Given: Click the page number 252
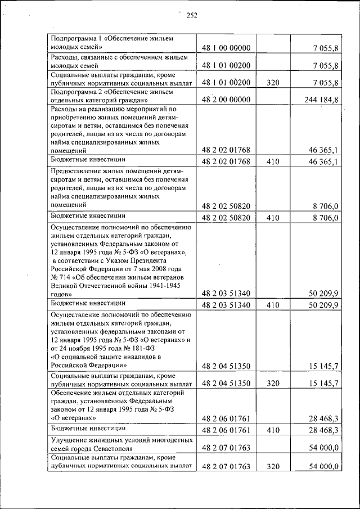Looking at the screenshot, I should tap(192, 15).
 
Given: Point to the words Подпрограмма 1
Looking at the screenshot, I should tap(75, 38).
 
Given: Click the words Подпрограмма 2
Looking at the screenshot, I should tap(75, 90).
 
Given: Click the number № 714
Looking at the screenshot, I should tap(61, 277).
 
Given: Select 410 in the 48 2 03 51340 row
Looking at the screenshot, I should tap(273, 305).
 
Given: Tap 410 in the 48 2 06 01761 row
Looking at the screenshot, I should tap(273, 430).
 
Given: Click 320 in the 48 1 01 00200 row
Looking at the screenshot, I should tap(273, 83).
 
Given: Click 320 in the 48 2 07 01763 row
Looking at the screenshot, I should tap(273, 466).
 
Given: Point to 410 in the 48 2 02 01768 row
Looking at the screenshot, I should tap(273, 162).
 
